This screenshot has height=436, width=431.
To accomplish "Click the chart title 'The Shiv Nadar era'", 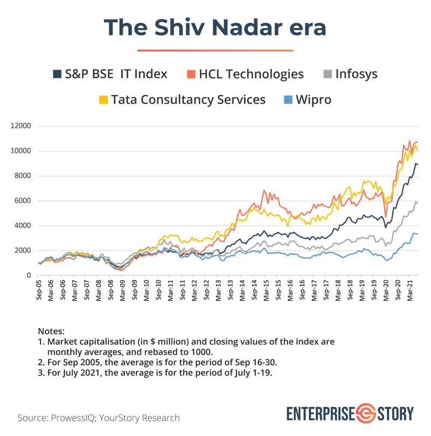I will (x=215, y=27).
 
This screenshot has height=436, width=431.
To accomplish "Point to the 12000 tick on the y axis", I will (x=23, y=126).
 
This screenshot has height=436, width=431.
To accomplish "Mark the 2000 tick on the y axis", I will (x=25, y=251).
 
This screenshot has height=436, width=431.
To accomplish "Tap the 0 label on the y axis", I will (x=30, y=275).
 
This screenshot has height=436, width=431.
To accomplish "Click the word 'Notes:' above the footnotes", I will (x=51, y=331).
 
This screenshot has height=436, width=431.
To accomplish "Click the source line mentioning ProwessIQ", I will (x=99, y=418).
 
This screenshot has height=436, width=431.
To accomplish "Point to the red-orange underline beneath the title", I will (x=215, y=50).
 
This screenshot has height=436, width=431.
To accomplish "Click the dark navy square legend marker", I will (x=57, y=74).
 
